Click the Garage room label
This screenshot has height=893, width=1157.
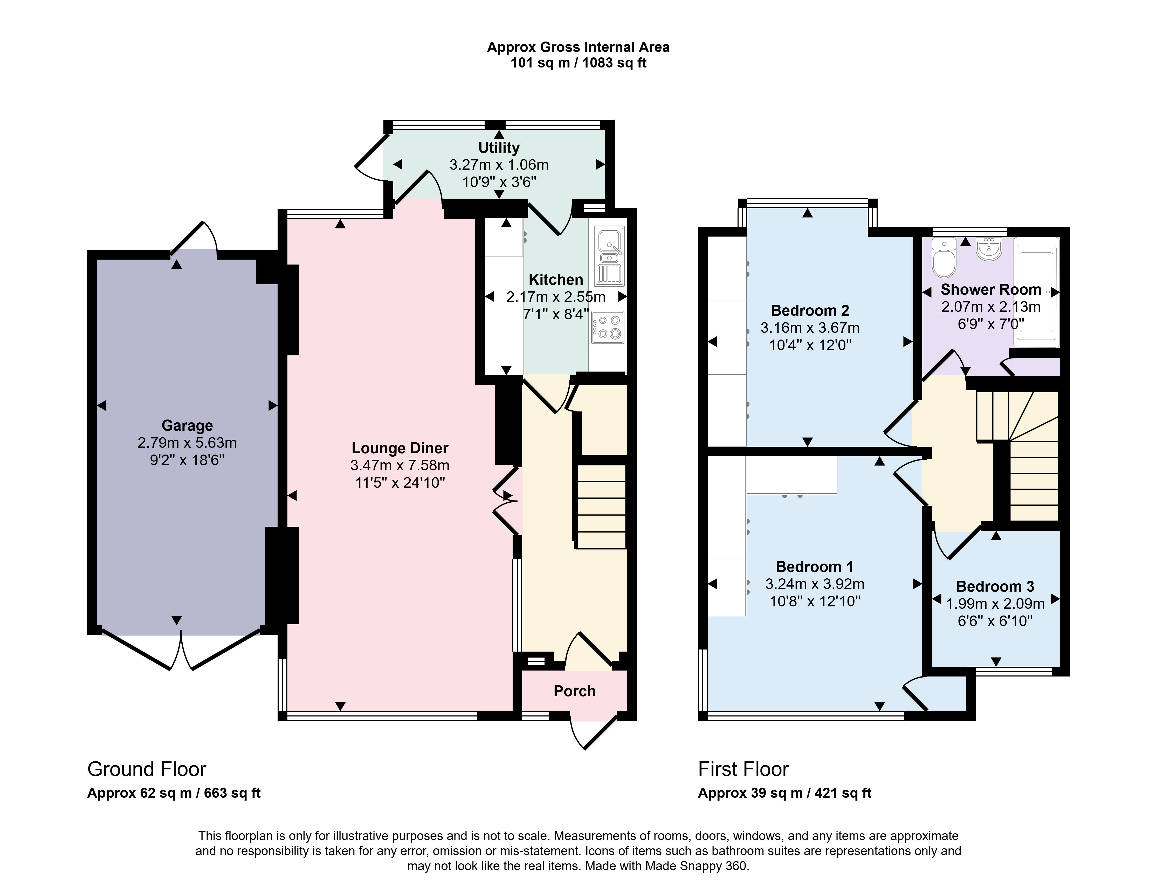coord(187,425)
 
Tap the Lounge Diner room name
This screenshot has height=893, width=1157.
coord(400,448)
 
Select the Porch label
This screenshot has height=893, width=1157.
coord(575,691)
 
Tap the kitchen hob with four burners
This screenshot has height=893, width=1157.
coord(608,327)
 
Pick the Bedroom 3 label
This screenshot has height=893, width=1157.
coord(995,587)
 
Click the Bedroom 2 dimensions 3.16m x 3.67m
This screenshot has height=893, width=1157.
coord(810,328)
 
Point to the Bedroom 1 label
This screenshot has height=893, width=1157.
coord(815,567)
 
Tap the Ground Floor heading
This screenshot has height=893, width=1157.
coord(147,769)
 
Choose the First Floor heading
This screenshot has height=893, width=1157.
coord(743,769)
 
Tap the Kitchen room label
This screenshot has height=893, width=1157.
coord(556,280)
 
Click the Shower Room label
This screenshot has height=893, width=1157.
coord(991,290)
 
